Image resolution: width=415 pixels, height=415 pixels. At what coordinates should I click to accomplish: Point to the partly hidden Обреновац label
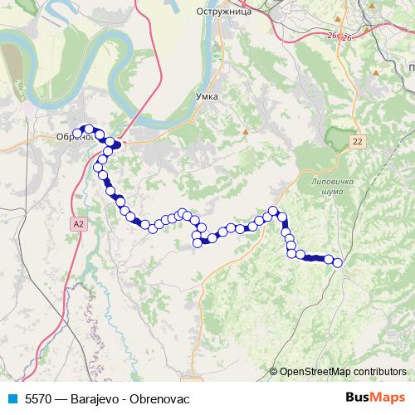(x=67, y=138)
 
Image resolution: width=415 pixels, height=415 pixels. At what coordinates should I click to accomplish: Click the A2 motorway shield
(x=78, y=224)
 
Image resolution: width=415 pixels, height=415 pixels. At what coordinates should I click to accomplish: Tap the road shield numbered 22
(x=357, y=142)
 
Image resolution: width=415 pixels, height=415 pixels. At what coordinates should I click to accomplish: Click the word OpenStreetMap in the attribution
(x=315, y=371)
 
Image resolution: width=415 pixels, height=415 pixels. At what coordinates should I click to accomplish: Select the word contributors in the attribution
(x=378, y=371)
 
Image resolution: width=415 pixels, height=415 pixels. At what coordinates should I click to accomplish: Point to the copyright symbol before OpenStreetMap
(x=274, y=371)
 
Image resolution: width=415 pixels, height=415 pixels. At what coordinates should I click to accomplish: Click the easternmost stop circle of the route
(x=337, y=263)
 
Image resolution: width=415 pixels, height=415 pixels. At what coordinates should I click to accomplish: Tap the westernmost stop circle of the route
(x=78, y=134)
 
